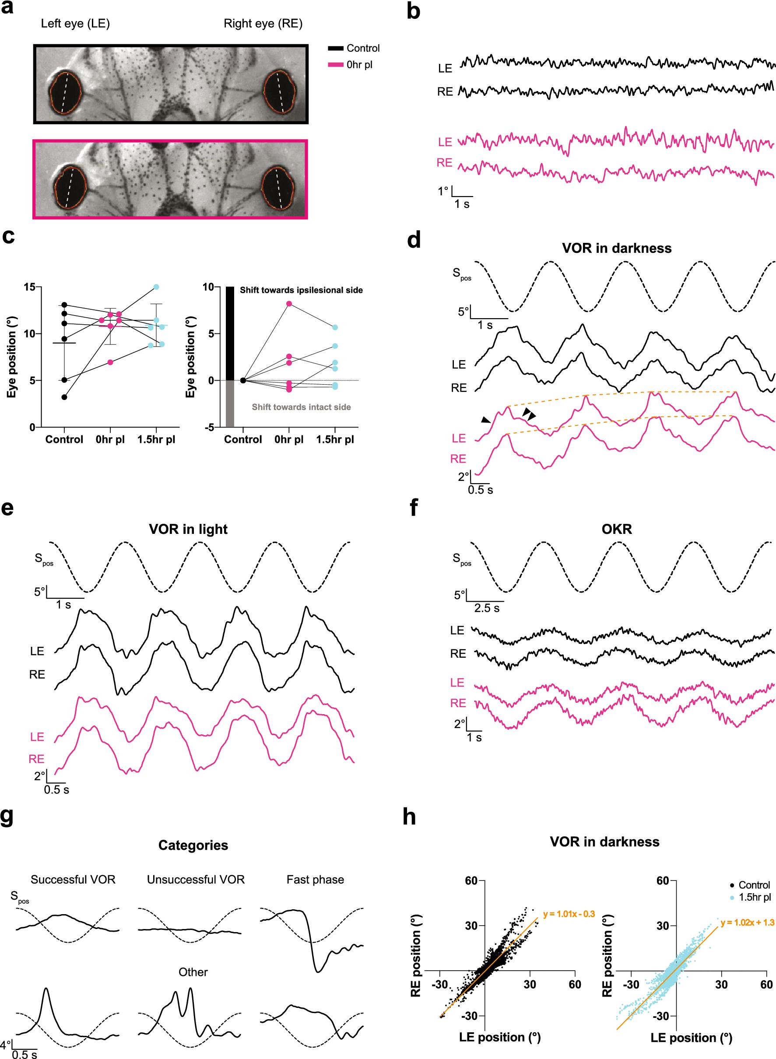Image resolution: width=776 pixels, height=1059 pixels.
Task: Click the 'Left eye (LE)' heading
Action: (x=75, y=24)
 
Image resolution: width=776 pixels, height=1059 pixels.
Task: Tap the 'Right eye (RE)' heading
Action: (x=263, y=24)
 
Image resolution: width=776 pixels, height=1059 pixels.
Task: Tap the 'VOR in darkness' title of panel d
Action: (x=616, y=248)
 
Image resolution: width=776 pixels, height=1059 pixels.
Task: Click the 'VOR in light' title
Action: (x=188, y=529)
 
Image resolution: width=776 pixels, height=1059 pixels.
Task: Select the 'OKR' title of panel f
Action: (x=616, y=529)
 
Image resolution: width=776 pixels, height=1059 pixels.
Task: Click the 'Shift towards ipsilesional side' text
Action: (x=301, y=290)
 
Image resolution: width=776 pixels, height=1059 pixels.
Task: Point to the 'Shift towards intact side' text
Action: (x=301, y=407)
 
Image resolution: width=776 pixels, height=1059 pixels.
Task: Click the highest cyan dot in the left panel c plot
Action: (x=156, y=287)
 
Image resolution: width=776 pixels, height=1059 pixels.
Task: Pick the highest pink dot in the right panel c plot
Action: (x=289, y=304)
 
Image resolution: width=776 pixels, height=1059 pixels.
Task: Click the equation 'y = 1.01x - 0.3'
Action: (x=569, y=901)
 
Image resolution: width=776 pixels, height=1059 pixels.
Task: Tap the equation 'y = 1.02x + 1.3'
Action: (x=747, y=910)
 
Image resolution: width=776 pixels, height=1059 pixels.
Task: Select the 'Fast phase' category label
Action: (x=315, y=880)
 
